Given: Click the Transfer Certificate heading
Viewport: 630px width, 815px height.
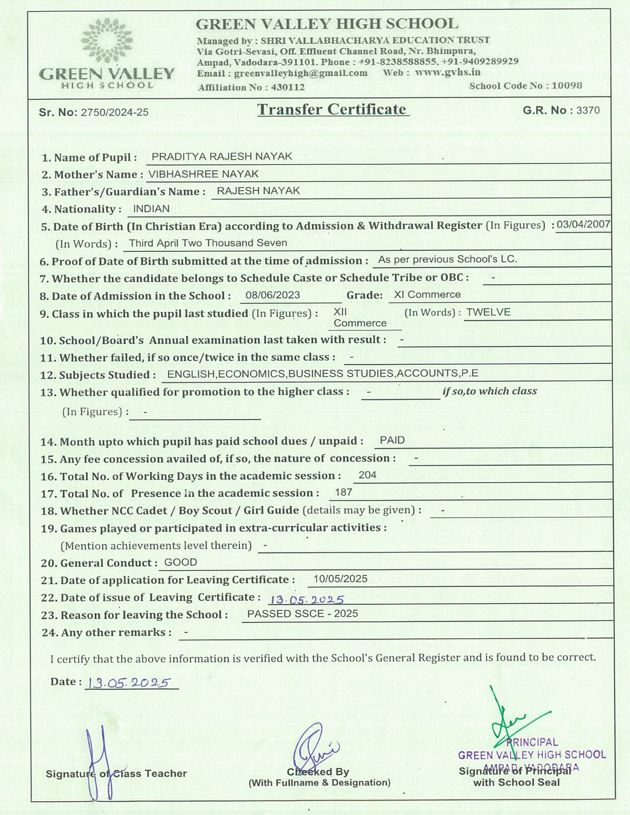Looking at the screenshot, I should pos(332,109).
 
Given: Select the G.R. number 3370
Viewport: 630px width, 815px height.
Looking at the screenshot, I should pos(588,110).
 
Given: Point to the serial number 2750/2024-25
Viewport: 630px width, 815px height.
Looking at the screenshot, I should pos(115,112).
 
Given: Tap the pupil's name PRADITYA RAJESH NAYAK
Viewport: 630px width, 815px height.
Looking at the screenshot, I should pos(222,157).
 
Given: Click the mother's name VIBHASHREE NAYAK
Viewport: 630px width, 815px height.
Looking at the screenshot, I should pos(204,174).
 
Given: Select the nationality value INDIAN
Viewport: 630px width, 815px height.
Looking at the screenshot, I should pos(151,209).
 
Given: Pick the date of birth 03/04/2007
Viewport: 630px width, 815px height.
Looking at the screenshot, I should pos(584,224).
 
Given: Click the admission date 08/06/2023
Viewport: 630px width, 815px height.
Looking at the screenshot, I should pos(273,295).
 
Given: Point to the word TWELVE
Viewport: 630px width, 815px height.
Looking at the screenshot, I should pos(488,312).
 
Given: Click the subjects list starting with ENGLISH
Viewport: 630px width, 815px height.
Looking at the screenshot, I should pos(323,374).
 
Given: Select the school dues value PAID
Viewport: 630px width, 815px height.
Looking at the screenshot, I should pos(392,440).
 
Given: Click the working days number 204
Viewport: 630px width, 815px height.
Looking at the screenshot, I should pos(367,475).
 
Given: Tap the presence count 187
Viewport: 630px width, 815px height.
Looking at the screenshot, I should pos(343,492).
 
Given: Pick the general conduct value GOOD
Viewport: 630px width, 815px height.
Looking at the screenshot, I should pos(180,562).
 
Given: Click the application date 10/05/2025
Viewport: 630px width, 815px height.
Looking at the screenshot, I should pos(340,579).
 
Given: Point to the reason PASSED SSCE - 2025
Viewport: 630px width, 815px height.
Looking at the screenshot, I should pos(302,614).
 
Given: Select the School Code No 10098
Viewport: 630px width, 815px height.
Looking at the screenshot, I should pos(567,85).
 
